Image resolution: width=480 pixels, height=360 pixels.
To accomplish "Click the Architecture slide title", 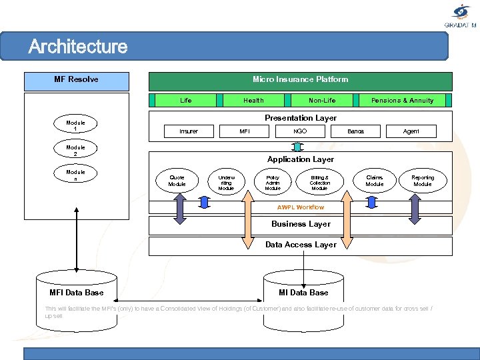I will pos(78,47).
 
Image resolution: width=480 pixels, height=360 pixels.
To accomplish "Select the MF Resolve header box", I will pos(76,80).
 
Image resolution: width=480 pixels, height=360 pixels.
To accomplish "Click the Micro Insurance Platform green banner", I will pos(300,80).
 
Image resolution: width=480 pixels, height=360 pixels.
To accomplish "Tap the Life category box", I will pos(185,101).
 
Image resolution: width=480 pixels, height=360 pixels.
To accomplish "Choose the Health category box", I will pos(253,101).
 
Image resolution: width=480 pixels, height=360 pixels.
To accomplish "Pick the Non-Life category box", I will pos(322,101).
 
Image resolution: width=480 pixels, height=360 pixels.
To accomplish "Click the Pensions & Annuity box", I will pos(402,101).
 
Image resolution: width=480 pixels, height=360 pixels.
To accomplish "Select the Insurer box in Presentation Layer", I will pos(189,131).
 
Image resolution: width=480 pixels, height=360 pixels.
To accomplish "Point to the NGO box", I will pos(300,131).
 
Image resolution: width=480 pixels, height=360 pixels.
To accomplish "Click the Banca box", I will pos(356,131).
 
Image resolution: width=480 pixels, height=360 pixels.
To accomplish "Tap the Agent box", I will pos(411,131).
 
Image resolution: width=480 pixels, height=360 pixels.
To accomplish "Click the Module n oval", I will pos(75,175).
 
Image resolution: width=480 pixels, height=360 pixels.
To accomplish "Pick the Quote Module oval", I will pos(177,181).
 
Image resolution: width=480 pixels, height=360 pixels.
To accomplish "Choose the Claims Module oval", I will pos(375,181).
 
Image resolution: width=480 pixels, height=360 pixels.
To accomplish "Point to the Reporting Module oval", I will pos(423,181).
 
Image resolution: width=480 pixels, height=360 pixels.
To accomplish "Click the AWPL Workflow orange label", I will pos(301,207).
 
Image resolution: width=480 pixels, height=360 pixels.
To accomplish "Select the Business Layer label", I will pos(301,224).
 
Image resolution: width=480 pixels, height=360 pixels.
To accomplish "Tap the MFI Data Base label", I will pos(77,293).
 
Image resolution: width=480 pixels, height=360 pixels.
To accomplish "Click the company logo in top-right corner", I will pos(461,14).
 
